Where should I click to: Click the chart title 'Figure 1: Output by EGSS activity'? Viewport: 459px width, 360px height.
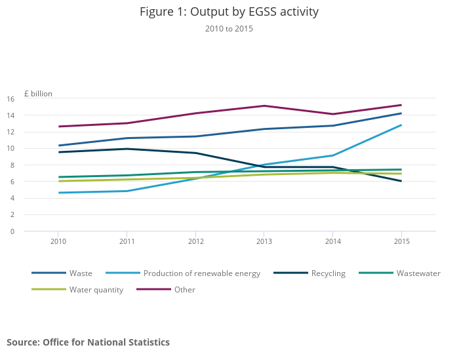coord(229,12)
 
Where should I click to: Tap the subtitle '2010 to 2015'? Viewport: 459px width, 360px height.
coord(229,29)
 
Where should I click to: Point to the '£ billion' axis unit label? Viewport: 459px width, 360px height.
coord(38,94)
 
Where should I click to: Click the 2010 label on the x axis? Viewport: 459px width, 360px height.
coord(58,241)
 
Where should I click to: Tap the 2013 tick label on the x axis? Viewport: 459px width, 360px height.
coord(264,241)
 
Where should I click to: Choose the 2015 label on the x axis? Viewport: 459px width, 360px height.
coord(401,241)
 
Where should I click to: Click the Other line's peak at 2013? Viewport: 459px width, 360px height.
coord(264,106)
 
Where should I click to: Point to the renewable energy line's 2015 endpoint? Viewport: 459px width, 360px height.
coord(401,125)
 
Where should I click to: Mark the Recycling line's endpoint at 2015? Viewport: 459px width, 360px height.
coord(401,181)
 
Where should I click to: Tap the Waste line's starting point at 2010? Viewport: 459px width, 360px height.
coord(58,146)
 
